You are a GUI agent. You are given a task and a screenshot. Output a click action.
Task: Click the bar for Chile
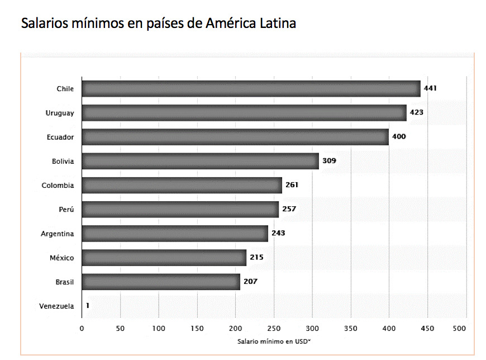coord(251,89)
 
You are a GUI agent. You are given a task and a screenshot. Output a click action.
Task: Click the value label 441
coord(430,88)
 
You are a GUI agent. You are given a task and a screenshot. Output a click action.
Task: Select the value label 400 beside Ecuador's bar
coord(399,137)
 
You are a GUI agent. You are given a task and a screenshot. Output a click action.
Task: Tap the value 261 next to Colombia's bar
coord(292,185)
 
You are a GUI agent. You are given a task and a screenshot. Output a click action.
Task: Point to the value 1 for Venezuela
coord(87,306)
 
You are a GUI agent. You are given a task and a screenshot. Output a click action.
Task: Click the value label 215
coord(256,257)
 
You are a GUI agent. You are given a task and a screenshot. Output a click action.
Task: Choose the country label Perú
coord(66,210)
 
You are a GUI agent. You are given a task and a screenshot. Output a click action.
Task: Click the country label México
coord(62,258)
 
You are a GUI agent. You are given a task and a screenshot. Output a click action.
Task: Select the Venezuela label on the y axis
coord(56,306)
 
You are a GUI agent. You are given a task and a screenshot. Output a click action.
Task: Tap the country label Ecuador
coord(60,137)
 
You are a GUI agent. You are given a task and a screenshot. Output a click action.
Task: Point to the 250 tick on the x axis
coord(274,329)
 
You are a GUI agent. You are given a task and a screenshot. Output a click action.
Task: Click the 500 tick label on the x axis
coord(459,329)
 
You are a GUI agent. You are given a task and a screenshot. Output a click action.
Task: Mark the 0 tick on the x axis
coord(82,329)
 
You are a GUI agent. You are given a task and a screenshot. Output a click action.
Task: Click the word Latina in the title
coord(275,24)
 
